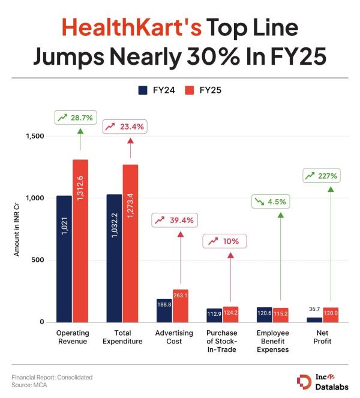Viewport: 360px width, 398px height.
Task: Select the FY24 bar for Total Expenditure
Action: tap(114, 258)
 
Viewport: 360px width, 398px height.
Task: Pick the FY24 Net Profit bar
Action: tap(314, 319)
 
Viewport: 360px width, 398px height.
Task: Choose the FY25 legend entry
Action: tap(203, 91)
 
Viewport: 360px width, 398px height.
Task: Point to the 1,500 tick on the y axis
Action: tap(35, 136)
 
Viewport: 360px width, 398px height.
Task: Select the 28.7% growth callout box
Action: tap(74, 117)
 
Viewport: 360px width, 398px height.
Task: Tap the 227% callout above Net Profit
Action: tap(322, 176)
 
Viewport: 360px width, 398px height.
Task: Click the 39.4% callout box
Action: tap(174, 221)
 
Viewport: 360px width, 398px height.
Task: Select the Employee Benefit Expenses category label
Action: tap(272, 341)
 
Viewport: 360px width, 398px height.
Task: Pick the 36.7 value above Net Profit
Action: tap(314, 310)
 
